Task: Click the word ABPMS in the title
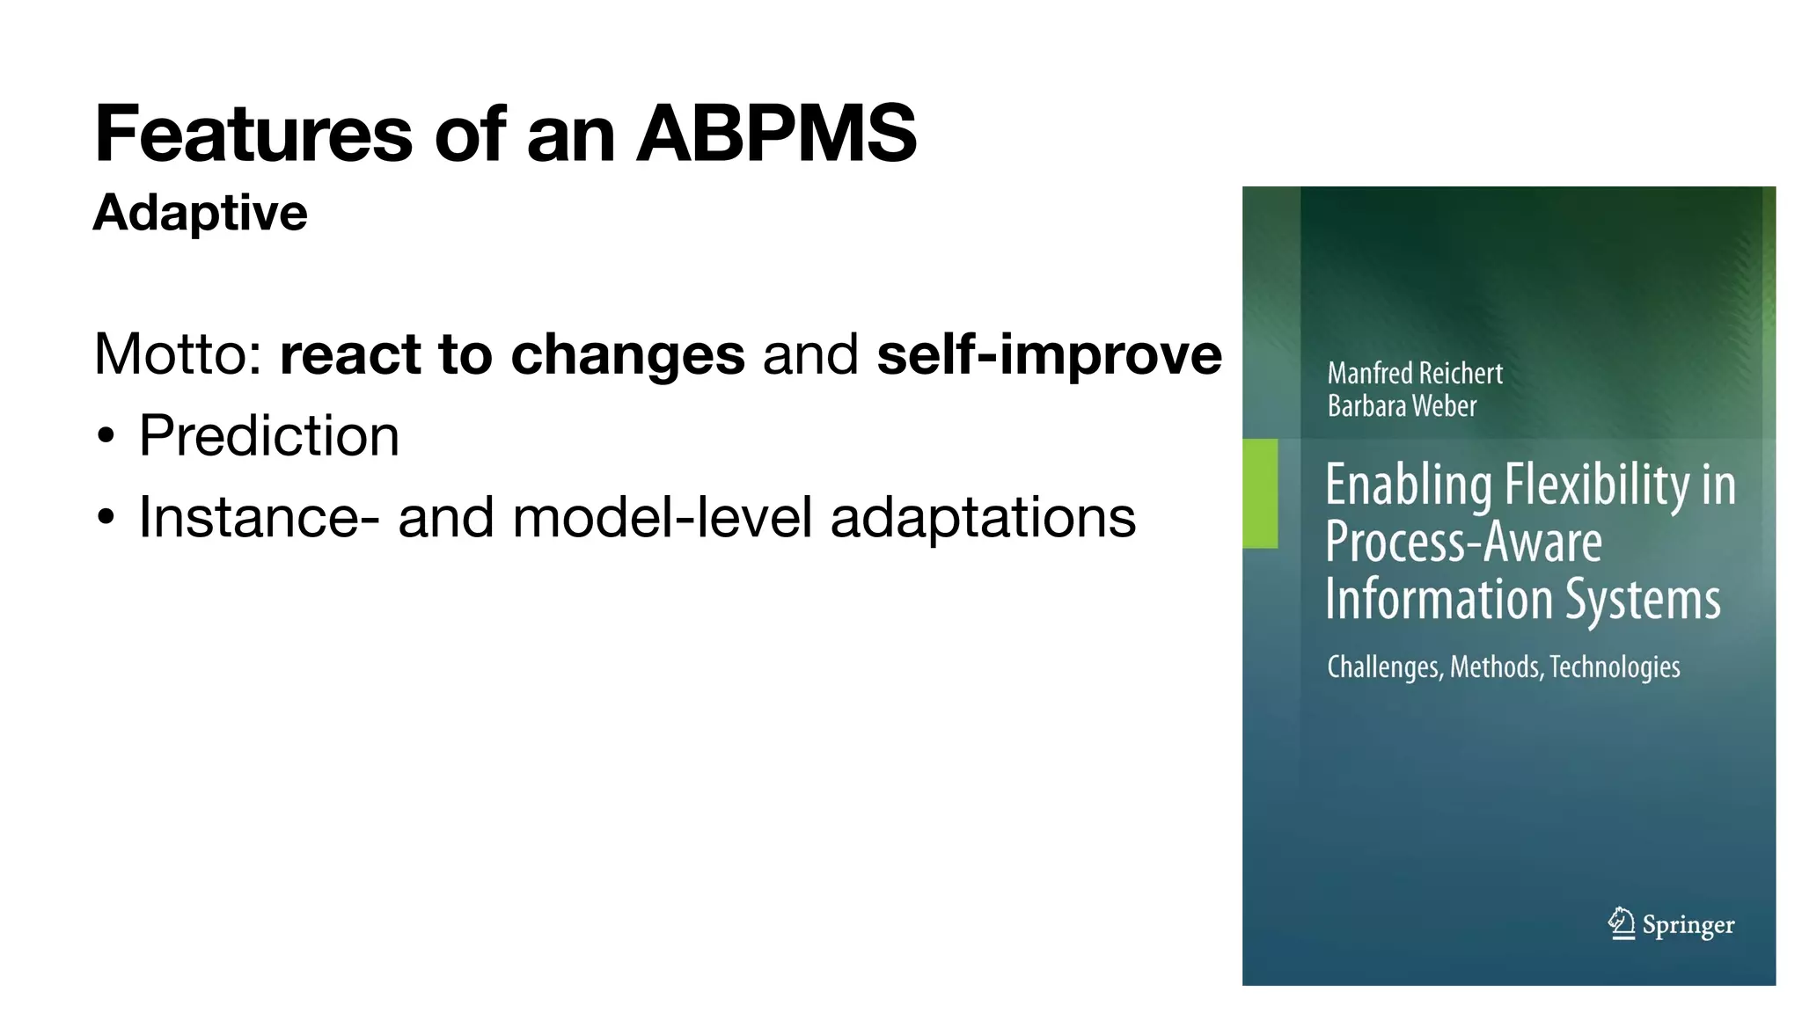click(x=776, y=134)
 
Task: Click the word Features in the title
click(x=253, y=134)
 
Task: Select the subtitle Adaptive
click(x=201, y=213)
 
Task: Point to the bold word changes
click(x=627, y=354)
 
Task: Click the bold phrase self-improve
click(x=1049, y=354)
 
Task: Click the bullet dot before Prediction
click(x=106, y=437)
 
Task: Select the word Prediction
click(x=269, y=436)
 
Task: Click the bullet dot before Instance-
click(x=106, y=518)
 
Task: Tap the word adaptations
click(x=983, y=517)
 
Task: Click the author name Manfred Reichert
click(x=1415, y=374)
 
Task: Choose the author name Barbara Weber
click(x=1402, y=406)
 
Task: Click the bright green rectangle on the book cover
click(x=1260, y=493)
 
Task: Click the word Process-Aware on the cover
click(x=1463, y=542)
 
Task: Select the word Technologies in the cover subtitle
click(x=1615, y=667)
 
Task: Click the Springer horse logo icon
click(x=1622, y=923)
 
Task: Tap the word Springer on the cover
click(x=1688, y=925)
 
